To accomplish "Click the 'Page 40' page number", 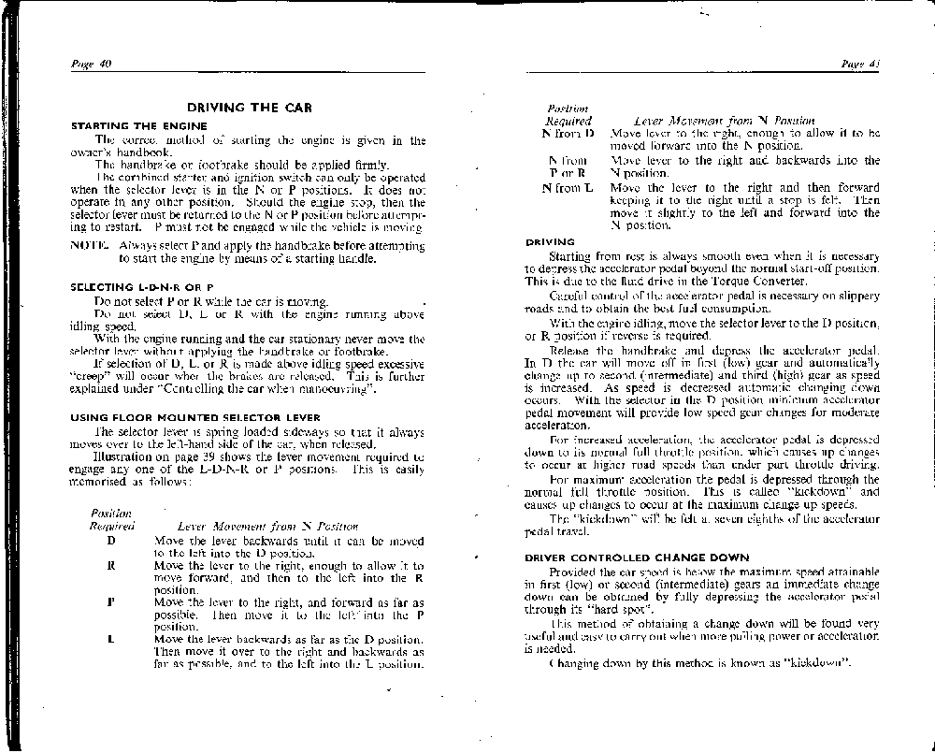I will coord(92,64).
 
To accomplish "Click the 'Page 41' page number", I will coord(861,64).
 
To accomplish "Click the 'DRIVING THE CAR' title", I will coord(248,108).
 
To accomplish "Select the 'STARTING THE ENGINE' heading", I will coord(138,125).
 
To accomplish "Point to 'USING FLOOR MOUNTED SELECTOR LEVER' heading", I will coord(195,416).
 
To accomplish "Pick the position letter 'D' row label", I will coord(111,542).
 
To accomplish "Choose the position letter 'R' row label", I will coord(111,566).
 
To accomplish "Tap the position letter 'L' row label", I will coord(111,640).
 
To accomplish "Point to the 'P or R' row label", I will coord(568,173).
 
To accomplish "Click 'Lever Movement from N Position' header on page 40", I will coord(248,527).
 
